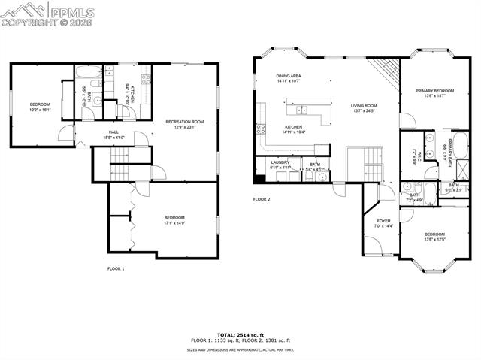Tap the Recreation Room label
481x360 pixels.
[x=184, y=121]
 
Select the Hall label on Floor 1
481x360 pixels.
[x=113, y=132]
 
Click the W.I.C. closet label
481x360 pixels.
[x=414, y=159]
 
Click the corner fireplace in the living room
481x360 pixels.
[x=386, y=72]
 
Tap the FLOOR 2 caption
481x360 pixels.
[x=261, y=199]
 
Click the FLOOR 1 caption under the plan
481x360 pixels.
[x=116, y=268]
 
